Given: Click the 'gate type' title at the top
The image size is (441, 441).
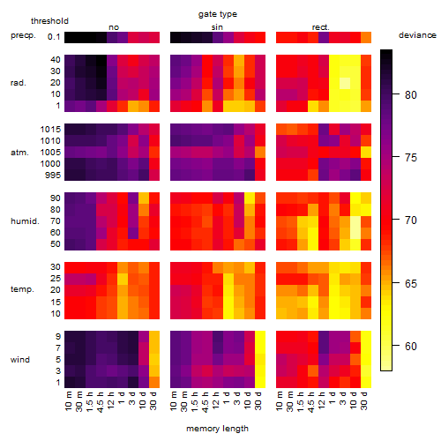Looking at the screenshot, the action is [218, 14].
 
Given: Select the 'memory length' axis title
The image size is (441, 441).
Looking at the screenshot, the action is [217, 429].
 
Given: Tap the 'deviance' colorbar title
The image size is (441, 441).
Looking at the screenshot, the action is [417, 35].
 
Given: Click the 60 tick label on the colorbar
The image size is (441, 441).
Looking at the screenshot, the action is [411, 346].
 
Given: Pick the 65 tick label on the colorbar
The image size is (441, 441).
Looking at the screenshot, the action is [411, 283].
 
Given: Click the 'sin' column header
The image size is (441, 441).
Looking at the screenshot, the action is [217, 27].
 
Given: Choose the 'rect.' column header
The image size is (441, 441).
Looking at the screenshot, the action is [320, 27].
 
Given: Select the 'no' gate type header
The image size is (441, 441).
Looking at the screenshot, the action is [114, 27].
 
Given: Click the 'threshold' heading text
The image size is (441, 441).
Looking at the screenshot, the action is [49, 21].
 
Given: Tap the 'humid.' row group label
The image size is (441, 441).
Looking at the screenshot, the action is [25, 220].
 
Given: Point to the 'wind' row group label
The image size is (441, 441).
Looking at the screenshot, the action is [20, 360].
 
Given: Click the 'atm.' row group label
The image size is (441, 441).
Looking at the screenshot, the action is [19, 153].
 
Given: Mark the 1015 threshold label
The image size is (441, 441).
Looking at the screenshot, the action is [50, 130].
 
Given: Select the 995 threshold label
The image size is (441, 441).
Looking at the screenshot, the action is [53, 176].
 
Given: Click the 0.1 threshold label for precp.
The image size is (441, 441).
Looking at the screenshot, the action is [54, 37].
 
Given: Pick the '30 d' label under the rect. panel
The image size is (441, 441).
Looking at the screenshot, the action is [364, 400].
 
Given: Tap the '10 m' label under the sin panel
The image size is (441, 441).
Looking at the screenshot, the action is [174, 400].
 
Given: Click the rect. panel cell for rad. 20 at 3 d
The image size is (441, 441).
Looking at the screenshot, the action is [345, 83].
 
